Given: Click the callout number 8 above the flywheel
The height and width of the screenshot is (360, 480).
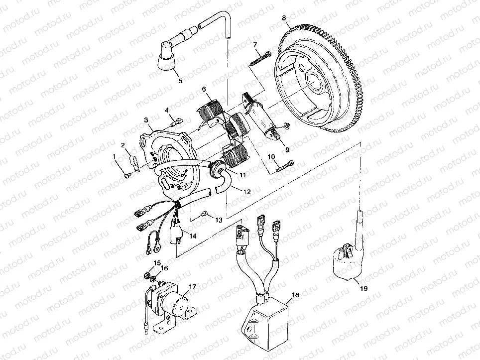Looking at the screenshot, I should (x=284, y=18).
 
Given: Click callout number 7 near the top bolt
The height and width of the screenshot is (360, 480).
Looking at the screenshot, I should (x=255, y=45).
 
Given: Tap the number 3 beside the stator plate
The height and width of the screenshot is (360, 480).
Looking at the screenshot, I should (x=146, y=120).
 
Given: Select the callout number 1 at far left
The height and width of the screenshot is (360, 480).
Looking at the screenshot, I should (x=114, y=156).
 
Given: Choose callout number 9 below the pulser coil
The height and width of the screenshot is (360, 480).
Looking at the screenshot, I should (x=287, y=148).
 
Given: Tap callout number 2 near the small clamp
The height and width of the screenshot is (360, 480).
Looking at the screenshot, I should (x=122, y=145).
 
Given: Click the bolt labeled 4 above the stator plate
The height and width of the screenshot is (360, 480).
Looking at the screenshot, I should (x=174, y=120).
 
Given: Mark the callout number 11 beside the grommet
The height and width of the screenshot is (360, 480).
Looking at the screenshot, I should (x=242, y=175).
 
